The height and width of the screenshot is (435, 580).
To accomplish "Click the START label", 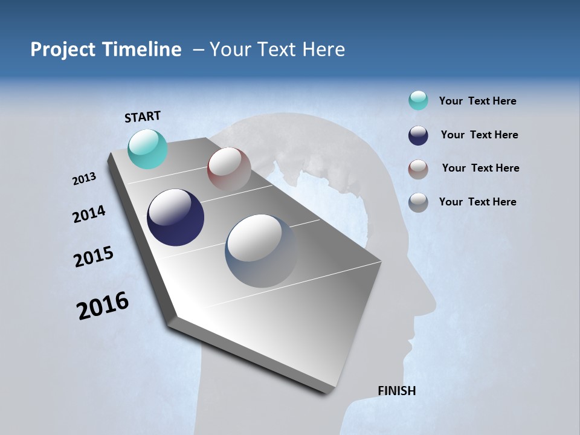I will [x=143, y=116].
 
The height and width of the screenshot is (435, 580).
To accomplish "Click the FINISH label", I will [x=397, y=391].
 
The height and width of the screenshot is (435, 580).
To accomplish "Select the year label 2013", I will [x=84, y=179].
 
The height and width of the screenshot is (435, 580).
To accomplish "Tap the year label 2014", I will [x=89, y=214].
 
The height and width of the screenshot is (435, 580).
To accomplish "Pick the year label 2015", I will [x=94, y=256].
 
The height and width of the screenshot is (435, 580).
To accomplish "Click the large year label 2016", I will [x=103, y=305].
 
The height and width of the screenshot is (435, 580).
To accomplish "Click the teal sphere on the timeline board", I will [x=148, y=149].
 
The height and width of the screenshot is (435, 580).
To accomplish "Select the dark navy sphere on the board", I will [x=175, y=217].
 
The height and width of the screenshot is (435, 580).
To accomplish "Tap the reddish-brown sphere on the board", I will [x=229, y=170].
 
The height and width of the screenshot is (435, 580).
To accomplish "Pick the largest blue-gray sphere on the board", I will [x=262, y=251].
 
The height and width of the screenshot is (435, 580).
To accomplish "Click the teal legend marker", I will [x=418, y=100].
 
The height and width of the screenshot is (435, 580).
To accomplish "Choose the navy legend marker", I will [x=418, y=135].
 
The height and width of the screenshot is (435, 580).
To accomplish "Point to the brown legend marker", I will [x=418, y=169].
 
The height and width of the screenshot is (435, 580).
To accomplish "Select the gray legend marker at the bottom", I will [x=418, y=202].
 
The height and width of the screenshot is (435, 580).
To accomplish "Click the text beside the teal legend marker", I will [x=477, y=101].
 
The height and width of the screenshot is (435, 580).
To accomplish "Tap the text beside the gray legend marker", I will [x=477, y=202].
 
